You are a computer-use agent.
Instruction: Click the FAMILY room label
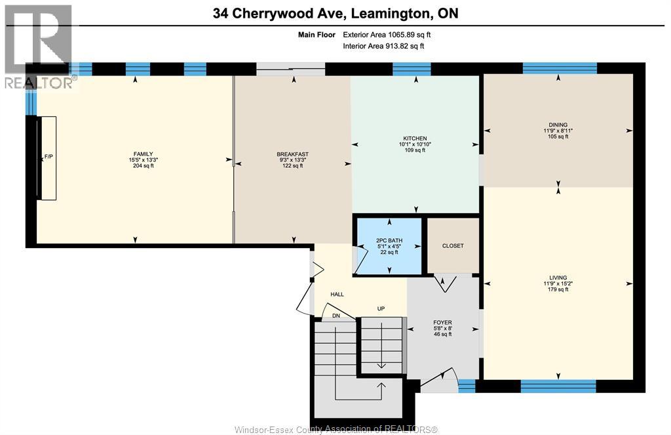coord(144,154)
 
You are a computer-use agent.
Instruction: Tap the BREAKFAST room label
coord(293,154)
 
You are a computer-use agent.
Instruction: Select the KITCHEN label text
coord(415,138)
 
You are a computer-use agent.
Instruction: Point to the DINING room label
coord(558,125)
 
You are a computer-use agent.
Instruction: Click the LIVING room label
coord(558,278)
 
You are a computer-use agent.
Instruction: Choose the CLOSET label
coord(453,246)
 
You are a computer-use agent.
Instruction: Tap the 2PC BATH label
coord(389,240)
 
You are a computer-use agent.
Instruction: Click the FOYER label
coord(442,322)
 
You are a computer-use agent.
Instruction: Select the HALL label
coord(337,295)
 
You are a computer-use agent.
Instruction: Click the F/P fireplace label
coord(48,157)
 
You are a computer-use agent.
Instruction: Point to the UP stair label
coord(381,308)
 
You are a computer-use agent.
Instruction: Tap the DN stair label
coord(336,316)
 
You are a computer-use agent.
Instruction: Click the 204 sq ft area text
coord(144,166)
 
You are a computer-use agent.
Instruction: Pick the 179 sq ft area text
coord(558,290)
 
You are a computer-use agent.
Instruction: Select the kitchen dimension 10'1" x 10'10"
coord(415,144)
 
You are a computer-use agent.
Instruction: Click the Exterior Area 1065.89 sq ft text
coord(387,35)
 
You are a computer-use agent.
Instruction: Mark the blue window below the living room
coord(558,386)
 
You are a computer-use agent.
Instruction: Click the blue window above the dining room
coord(560,69)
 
